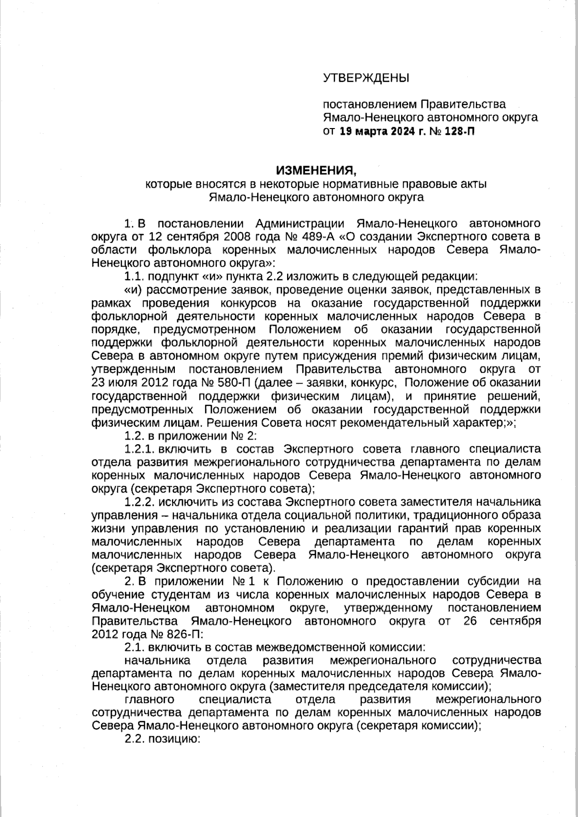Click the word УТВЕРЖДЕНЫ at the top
366,78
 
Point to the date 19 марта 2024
377,131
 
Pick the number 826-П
184,634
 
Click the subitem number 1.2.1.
139,449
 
